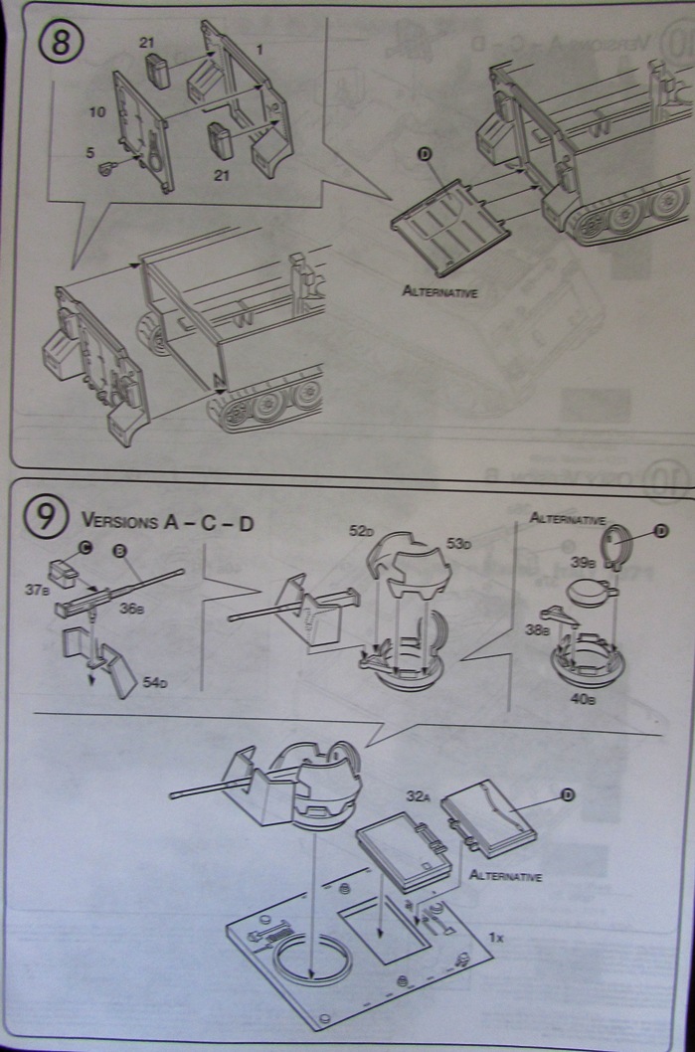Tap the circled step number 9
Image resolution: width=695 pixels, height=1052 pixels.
pos(47,518)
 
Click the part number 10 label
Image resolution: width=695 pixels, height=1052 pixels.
pos(96,113)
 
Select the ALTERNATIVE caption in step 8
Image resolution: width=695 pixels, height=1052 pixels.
pos(440,291)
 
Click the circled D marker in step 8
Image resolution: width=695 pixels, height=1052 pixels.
pos(425,152)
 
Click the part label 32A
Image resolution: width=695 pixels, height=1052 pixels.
pos(417,795)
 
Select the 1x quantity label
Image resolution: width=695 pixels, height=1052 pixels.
pos(497,937)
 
